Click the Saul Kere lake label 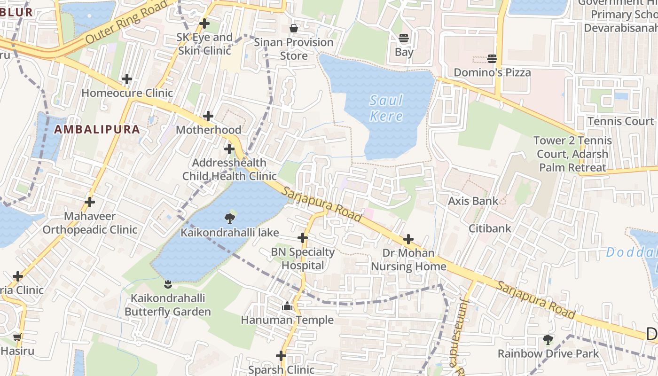[386, 108]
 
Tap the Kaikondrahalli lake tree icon [230, 218]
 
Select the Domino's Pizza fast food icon [492, 59]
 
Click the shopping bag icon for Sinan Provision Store [294, 29]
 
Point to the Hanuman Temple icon [287, 306]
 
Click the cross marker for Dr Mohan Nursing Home [408, 239]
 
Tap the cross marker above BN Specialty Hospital [303, 238]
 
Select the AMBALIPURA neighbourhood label [97, 129]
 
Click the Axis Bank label [473, 201]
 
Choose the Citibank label [490, 228]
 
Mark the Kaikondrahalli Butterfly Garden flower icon [167, 284]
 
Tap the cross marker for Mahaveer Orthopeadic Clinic [89, 202]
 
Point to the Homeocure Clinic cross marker [126, 79]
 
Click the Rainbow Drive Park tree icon [548, 339]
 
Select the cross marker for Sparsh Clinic [281, 356]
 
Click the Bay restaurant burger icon [404, 38]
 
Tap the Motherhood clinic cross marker [208, 116]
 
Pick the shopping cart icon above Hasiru [17, 337]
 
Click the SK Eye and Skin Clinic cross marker [204, 23]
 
